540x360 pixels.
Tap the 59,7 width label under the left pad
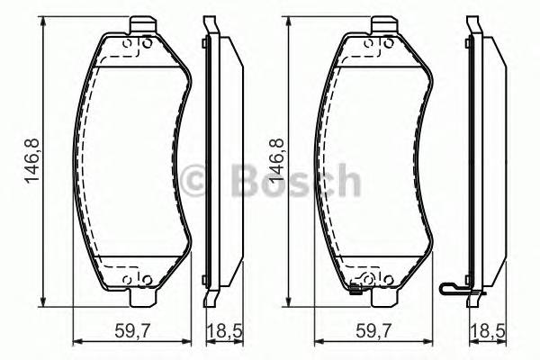point(131,330)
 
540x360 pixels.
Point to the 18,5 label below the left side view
point(220,330)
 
